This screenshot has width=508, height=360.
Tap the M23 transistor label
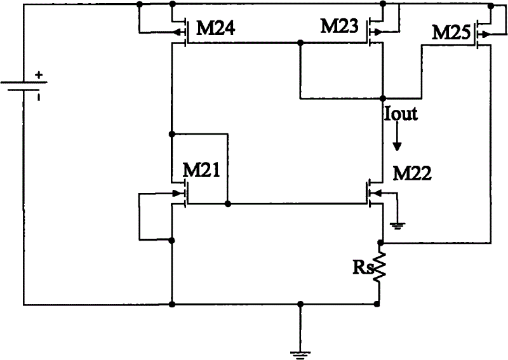point(341,26)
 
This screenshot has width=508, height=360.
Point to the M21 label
point(201,170)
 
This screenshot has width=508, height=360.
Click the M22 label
point(411,173)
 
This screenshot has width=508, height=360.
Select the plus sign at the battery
point(39,75)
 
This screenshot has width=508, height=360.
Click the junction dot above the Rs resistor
point(381,243)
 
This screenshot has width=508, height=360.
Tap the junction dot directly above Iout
point(382,98)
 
